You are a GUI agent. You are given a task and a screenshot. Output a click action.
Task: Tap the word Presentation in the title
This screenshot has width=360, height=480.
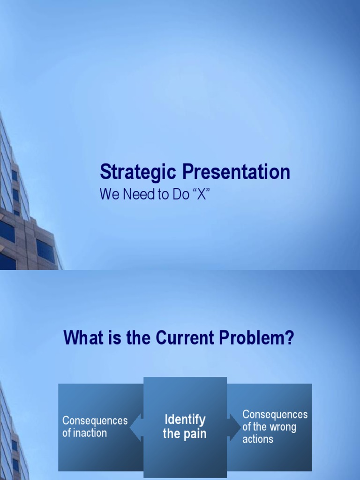[x=236, y=172]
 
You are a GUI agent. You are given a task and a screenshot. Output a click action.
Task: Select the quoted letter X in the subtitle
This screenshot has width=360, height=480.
[x=201, y=195]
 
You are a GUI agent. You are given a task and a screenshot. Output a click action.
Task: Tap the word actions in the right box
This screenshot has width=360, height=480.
[x=257, y=439]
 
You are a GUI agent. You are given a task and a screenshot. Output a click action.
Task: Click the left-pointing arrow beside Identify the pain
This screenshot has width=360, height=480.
[x=136, y=427]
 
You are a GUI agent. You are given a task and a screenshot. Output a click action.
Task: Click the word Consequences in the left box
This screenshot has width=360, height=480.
[x=95, y=420]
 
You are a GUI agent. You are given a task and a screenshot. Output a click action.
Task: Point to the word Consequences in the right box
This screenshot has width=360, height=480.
[x=275, y=414]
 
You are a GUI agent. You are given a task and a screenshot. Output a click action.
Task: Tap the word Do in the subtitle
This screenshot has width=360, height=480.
[x=180, y=195]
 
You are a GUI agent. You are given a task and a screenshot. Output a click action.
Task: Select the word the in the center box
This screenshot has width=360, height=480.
[x=171, y=434]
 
